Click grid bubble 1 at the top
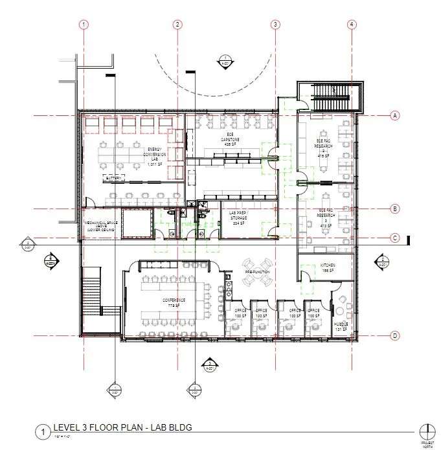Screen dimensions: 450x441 point(84,25)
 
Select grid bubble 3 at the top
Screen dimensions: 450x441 point(275,25)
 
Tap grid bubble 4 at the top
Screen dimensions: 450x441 point(351,25)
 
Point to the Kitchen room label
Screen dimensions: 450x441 point(327,268)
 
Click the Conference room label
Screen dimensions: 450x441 point(174,303)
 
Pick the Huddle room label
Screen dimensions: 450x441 point(341,326)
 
